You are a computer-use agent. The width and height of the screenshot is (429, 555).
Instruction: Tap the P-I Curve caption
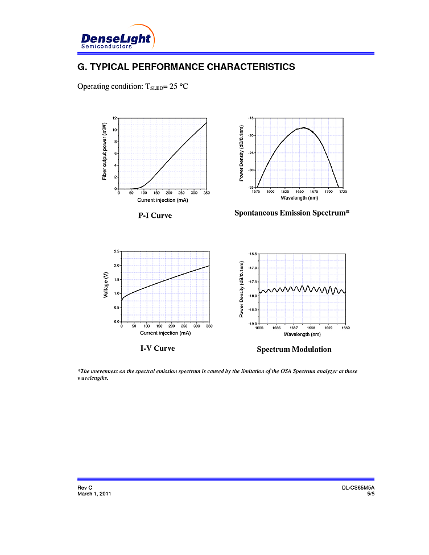point(155,216)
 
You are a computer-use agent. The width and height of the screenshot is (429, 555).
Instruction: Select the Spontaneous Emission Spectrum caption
point(292,213)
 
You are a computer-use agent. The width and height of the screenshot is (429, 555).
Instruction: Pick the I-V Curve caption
point(158,348)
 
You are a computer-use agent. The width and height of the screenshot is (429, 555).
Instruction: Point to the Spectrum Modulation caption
point(294,349)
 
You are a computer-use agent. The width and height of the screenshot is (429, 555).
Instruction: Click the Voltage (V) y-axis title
point(106,286)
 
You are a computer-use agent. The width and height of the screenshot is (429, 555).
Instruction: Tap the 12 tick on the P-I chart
point(114,118)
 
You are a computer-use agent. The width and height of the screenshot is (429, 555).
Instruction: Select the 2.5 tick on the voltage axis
point(116,251)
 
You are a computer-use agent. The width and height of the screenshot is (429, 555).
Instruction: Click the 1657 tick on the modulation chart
point(294,328)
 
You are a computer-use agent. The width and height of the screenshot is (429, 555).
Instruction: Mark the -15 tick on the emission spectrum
point(251,118)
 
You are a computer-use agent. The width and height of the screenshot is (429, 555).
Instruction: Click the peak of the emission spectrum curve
point(304,127)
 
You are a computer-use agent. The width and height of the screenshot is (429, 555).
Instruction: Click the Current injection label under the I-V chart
point(165,333)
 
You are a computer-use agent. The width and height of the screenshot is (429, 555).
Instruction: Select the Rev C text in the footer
point(85,488)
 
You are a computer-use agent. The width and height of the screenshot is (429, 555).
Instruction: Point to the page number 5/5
point(371,494)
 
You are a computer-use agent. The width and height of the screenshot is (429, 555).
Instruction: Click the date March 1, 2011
point(94,494)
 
